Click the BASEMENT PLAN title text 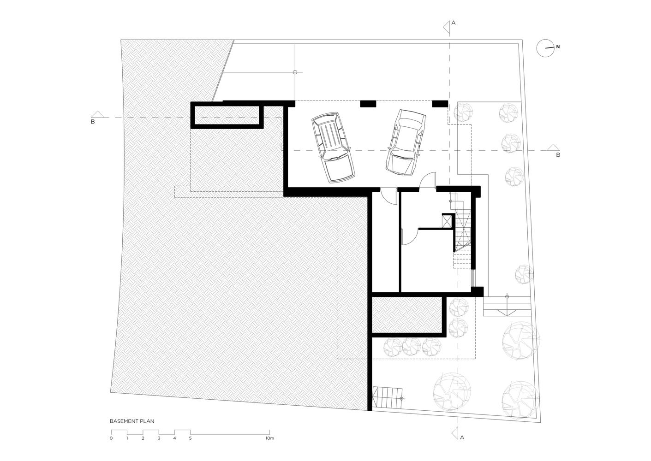point(132,421)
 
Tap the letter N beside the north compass point(558,47)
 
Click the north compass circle point(545,48)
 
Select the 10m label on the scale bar point(270,438)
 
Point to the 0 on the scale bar point(111,438)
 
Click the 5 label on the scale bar point(191,438)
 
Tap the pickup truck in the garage point(334,148)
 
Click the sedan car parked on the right point(406,142)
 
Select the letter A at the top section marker point(454,23)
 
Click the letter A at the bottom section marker point(462,437)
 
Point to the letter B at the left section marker point(93,122)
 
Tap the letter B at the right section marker point(558,155)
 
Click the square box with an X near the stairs point(447,221)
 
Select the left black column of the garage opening point(368,104)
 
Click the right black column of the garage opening point(440,104)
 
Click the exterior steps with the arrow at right point(507,306)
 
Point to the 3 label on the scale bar point(159,438)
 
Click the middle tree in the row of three point(412,347)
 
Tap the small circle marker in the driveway point(295,72)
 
